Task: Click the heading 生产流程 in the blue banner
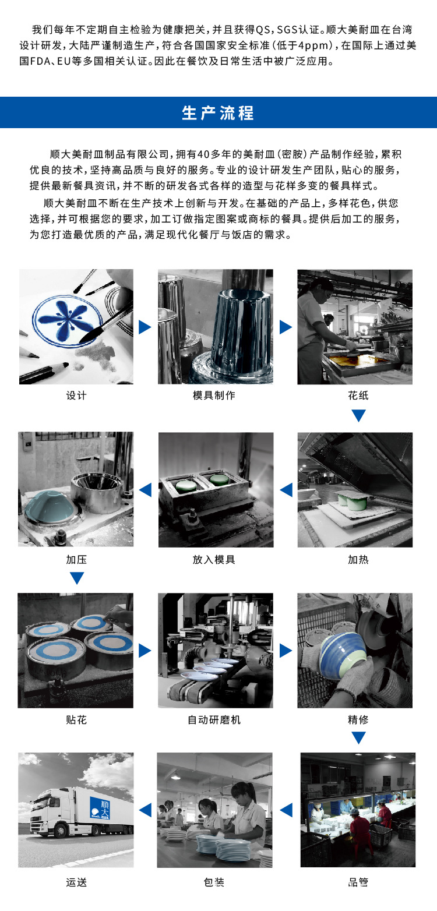(x=218, y=113)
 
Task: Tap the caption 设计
(x=76, y=396)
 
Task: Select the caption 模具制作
(x=214, y=396)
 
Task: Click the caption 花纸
(x=358, y=396)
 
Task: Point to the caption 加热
(x=358, y=560)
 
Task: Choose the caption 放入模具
(x=214, y=560)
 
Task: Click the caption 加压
(x=76, y=560)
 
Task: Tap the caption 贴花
(x=76, y=720)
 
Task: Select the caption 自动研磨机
(x=214, y=720)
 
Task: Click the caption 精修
(x=358, y=720)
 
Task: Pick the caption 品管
(x=358, y=882)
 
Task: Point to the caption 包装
(x=214, y=882)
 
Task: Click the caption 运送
(x=76, y=882)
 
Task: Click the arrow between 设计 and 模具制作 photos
(x=145, y=327)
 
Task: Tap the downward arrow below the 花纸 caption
(x=358, y=416)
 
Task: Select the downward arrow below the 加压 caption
(x=77, y=578)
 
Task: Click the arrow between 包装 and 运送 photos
(x=145, y=810)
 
